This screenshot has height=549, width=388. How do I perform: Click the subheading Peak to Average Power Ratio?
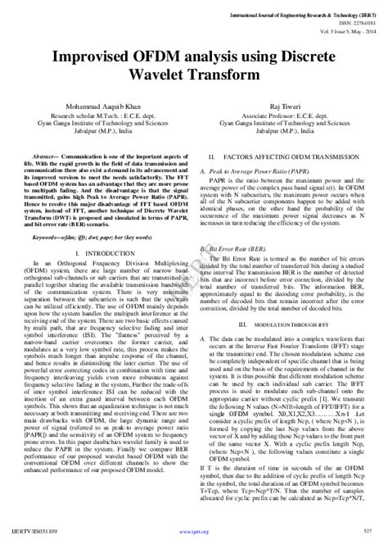tap(246, 170)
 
